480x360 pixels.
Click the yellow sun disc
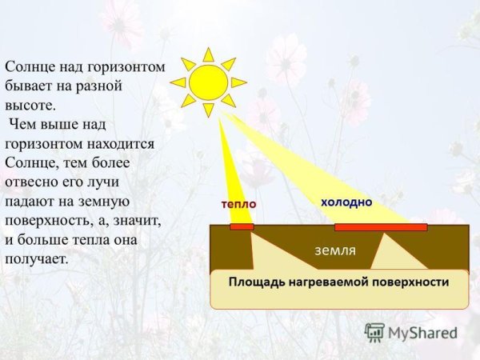coord(209,82)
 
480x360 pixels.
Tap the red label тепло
coord(238,205)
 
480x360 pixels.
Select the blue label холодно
coord(346,202)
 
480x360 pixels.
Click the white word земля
coord(335,250)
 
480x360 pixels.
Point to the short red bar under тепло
coord(242,227)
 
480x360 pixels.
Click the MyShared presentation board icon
coord(374,332)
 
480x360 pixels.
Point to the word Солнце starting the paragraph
coord(30,68)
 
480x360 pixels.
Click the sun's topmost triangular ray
coord(209,54)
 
